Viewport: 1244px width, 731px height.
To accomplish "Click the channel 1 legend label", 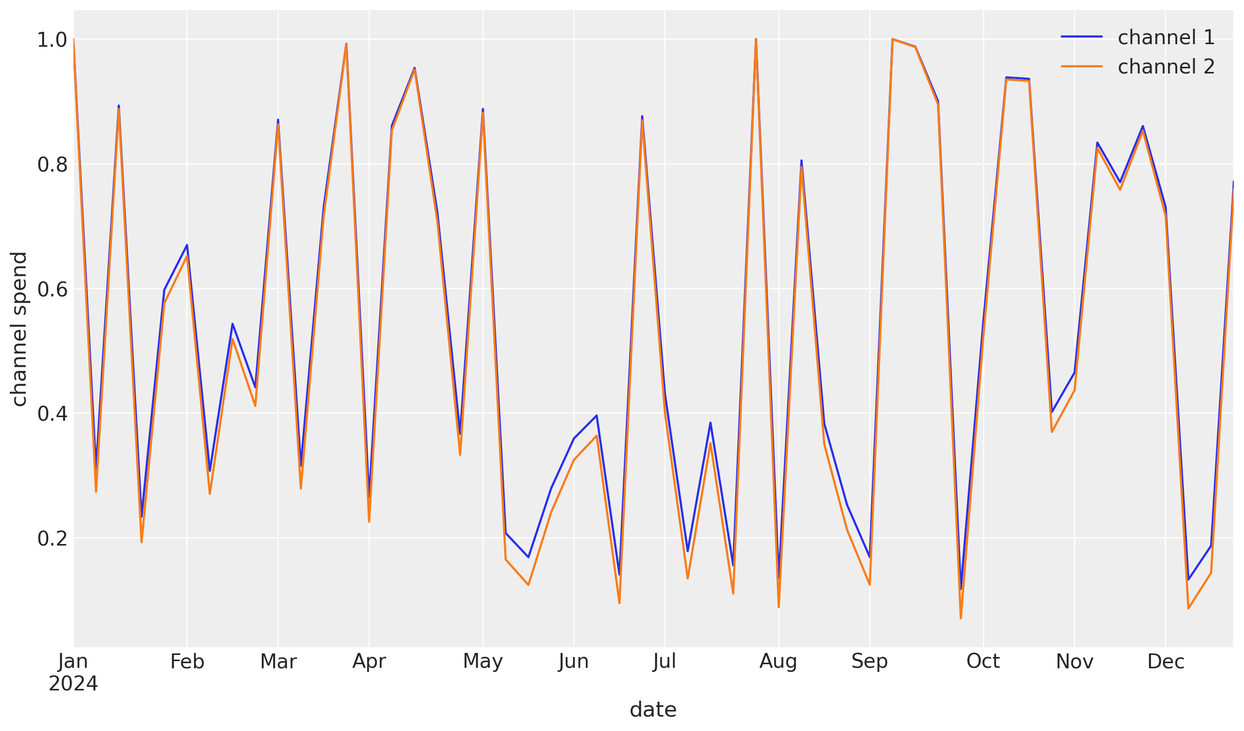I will (1166, 38).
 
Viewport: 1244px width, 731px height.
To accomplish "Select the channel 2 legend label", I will (1166, 67).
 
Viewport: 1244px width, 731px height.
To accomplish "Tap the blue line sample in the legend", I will (1082, 36).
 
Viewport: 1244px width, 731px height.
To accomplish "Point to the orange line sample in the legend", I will (1082, 66).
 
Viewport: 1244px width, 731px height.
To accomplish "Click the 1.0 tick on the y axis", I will (52, 40).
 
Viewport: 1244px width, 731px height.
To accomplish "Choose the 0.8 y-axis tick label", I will (52, 165).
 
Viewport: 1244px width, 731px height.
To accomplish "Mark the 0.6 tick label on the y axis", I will (52, 290).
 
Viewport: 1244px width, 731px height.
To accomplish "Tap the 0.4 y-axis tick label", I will (52, 414).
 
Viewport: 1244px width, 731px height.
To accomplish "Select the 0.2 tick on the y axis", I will (52, 539).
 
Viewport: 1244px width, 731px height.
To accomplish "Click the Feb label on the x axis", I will (187, 662).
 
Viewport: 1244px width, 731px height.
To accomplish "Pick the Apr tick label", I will (369, 662).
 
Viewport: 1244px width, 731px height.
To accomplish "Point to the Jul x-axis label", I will (664, 662).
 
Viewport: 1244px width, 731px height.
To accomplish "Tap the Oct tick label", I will (983, 662).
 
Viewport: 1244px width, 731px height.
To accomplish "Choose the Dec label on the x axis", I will (1165, 662).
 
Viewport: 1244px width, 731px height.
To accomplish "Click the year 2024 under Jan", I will (73, 684).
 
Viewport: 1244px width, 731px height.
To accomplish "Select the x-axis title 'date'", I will (653, 710).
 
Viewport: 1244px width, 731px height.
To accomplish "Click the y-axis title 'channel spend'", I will (19, 329).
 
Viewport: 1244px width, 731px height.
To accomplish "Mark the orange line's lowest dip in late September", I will (961, 618).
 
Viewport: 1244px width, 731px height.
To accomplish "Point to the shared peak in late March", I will (346, 44).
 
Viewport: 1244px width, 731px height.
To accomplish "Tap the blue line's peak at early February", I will (187, 245).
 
